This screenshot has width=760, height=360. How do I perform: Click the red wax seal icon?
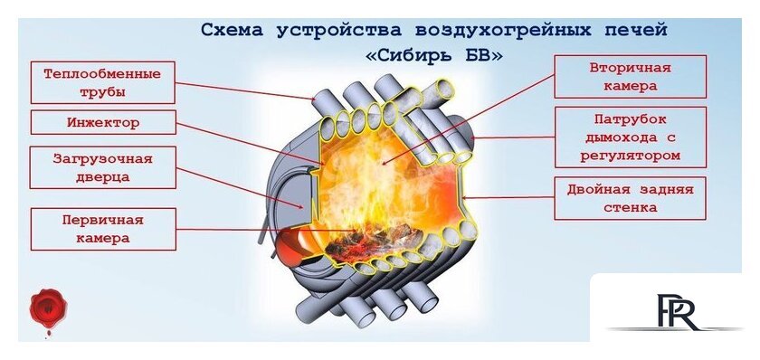(x=48, y=308)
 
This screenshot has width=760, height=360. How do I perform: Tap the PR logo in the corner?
(x=676, y=311)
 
